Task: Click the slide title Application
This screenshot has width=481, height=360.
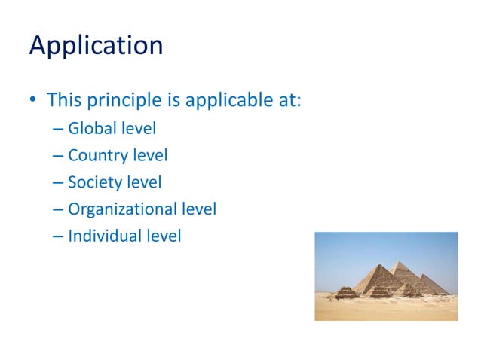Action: tap(96, 47)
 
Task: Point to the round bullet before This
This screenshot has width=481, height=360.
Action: tap(33, 100)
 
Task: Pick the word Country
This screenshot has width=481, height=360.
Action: tap(96, 156)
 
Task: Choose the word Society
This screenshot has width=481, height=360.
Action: tap(93, 182)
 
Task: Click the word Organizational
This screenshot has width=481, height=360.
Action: tap(122, 209)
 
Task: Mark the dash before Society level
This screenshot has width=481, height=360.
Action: tap(59, 183)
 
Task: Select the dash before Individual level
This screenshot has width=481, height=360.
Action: tap(59, 236)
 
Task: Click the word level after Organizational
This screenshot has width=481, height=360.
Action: tap(199, 209)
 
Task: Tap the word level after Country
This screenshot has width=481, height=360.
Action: tap(148, 156)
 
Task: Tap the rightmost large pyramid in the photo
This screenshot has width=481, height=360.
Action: tap(432, 284)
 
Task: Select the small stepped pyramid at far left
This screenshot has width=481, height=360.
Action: tap(345, 291)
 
